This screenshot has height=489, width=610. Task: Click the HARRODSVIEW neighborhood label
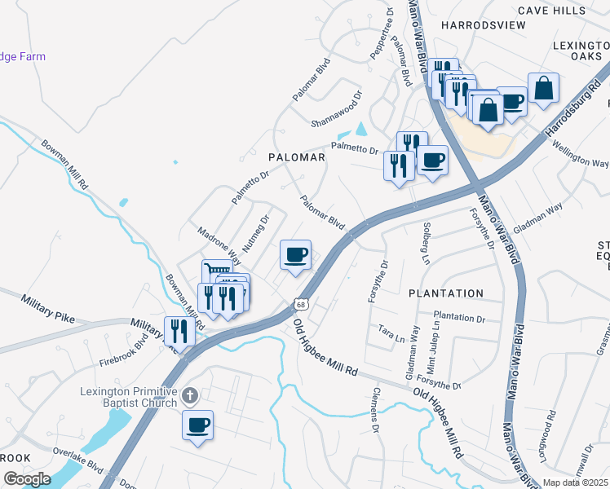pos(483,25)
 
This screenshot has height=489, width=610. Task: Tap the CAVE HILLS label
pos(552,11)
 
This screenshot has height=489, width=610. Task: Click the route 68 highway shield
pos(301,304)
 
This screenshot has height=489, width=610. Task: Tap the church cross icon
pos(190,396)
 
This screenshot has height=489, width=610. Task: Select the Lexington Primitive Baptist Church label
pos(129,397)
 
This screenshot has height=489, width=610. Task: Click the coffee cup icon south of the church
pos(197,425)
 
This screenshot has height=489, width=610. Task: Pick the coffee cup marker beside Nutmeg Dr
pos(295,255)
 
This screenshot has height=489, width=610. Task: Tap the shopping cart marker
pos(216,271)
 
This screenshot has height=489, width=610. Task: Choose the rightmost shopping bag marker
pos(543,88)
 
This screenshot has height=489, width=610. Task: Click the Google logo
pos(27,479)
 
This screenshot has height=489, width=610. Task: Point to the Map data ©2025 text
pos(575,482)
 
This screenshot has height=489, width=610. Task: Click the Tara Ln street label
pos(387,330)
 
